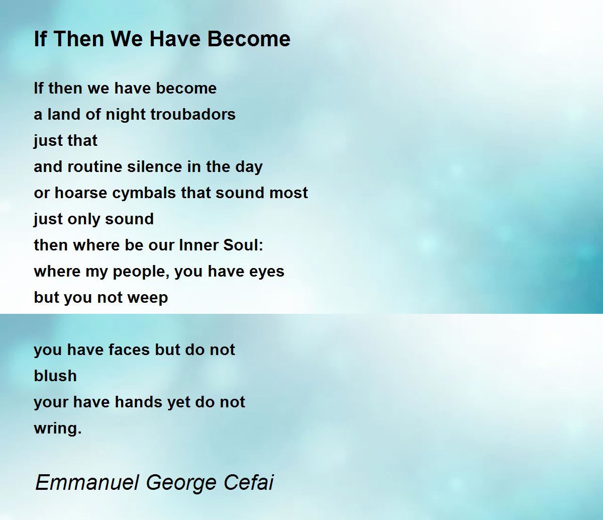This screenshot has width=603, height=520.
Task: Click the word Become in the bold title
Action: tap(249, 39)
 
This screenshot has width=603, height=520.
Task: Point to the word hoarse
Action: tap(80, 193)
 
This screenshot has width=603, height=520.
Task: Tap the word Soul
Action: tap(243, 245)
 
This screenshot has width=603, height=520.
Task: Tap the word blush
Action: tap(55, 376)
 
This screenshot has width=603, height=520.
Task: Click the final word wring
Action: tap(57, 429)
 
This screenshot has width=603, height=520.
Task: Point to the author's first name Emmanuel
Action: tap(86, 482)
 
